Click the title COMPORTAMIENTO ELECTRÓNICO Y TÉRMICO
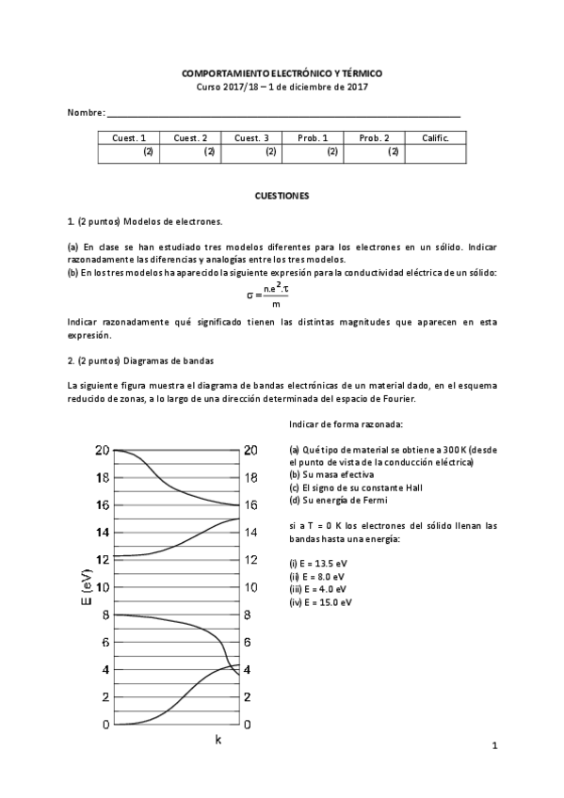click(x=282, y=72)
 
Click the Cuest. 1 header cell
click(x=129, y=137)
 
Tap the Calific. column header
click(x=435, y=137)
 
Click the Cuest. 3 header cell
click(x=251, y=137)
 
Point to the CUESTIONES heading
click(x=282, y=195)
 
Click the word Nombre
click(x=85, y=113)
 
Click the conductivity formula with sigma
click(x=270, y=294)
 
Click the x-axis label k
click(x=218, y=740)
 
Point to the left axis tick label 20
click(x=103, y=450)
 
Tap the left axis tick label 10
click(x=103, y=587)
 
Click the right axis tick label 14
click(x=250, y=533)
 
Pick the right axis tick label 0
click(x=248, y=725)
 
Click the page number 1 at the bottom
click(x=493, y=747)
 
